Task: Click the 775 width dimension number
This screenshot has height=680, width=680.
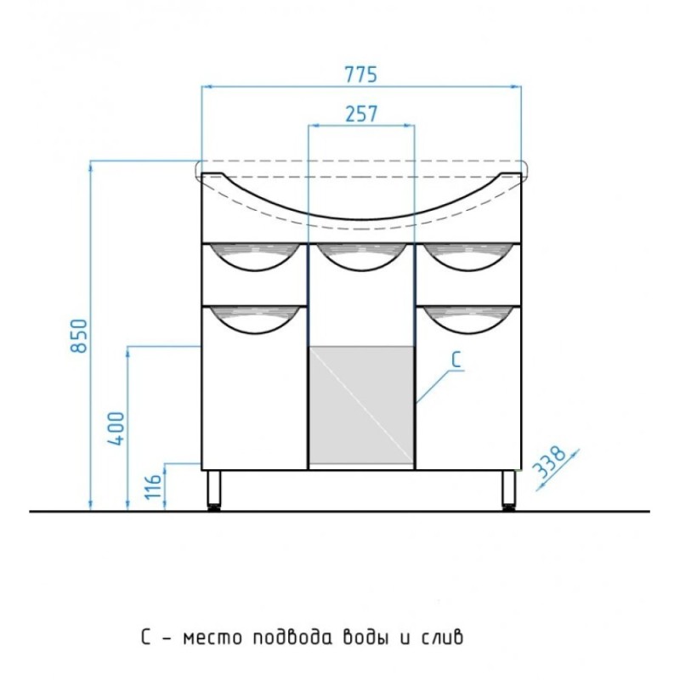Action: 360,75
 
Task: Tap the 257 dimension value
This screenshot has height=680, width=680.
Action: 361,114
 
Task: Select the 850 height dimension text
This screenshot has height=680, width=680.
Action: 79,336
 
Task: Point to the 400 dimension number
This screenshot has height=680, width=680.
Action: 116,428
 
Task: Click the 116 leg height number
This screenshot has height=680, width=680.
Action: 153,486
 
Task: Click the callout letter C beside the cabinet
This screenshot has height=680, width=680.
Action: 456,360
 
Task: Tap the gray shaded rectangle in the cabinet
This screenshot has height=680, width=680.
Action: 361,405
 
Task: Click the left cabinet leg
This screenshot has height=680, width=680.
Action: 214,490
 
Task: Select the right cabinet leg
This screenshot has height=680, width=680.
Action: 508,490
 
